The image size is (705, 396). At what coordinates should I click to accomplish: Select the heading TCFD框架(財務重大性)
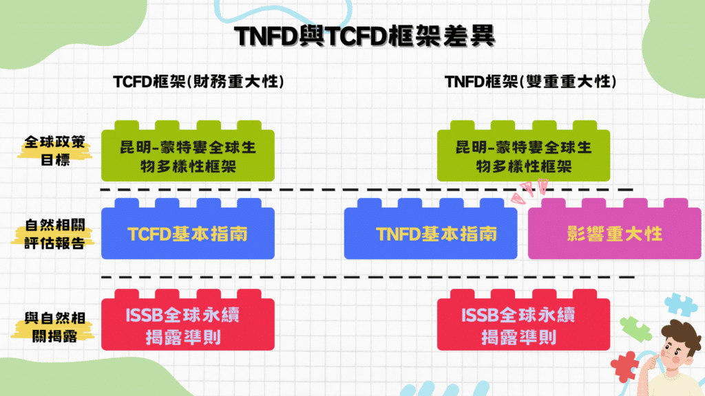point(199,82)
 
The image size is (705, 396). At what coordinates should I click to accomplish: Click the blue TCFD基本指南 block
point(187,234)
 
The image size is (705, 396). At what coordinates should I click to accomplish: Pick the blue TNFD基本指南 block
point(430,234)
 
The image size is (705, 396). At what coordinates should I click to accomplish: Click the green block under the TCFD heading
point(187,156)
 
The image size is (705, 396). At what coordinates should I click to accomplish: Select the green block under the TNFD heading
point(523,156)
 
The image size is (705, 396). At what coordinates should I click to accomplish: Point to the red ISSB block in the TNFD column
point(523,326)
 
